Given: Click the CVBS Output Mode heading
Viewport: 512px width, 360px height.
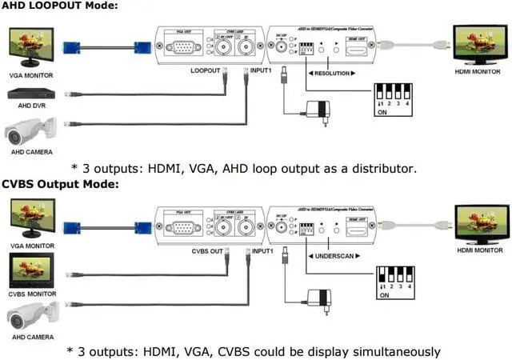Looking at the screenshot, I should pos(59,184).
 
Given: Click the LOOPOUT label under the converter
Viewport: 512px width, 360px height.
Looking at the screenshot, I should pos(205,73).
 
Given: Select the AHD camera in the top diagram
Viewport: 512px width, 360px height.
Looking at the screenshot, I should pos(32,128).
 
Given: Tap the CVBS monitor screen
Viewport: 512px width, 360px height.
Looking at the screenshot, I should pos(29,270).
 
